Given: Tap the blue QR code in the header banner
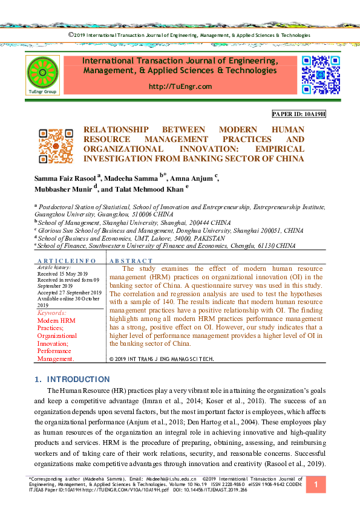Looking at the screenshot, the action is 321,74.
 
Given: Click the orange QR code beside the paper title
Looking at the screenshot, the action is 55,144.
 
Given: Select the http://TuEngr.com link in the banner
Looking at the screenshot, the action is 180,86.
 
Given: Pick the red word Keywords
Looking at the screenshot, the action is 51,313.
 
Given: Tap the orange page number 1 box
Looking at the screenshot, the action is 315,485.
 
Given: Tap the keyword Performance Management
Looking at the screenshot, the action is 55,354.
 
